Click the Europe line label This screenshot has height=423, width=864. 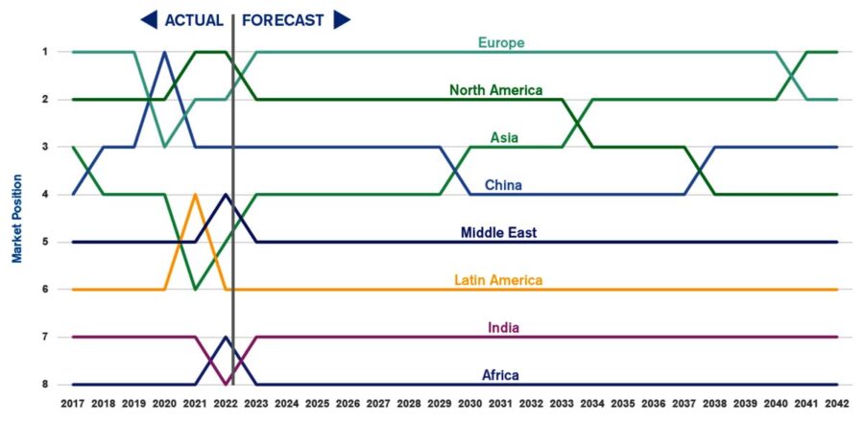tap(500, 42)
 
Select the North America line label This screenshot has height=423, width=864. tap(496, 90)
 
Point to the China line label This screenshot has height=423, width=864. tap(502, 185)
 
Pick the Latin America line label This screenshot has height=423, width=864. tap(498, 280)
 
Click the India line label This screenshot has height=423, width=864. tap(503, 328)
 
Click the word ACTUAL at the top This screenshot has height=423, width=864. tap(193, 20)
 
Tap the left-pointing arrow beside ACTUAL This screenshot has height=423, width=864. tap(149, 20)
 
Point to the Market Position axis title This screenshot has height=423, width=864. tap(16, 218)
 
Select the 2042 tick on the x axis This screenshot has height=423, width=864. tap(837, 404)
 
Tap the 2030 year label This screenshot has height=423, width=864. tap(470, 404)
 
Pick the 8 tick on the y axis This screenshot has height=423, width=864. tap(43, 385)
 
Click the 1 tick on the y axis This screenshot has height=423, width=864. tap(43, 51)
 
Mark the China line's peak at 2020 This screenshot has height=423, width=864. tap(164, 52)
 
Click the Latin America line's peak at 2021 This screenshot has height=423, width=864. tap(195, 195)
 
